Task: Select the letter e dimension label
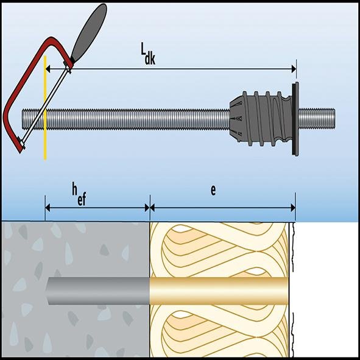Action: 213,190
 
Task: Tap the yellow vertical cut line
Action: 45,140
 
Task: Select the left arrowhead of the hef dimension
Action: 48,207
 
